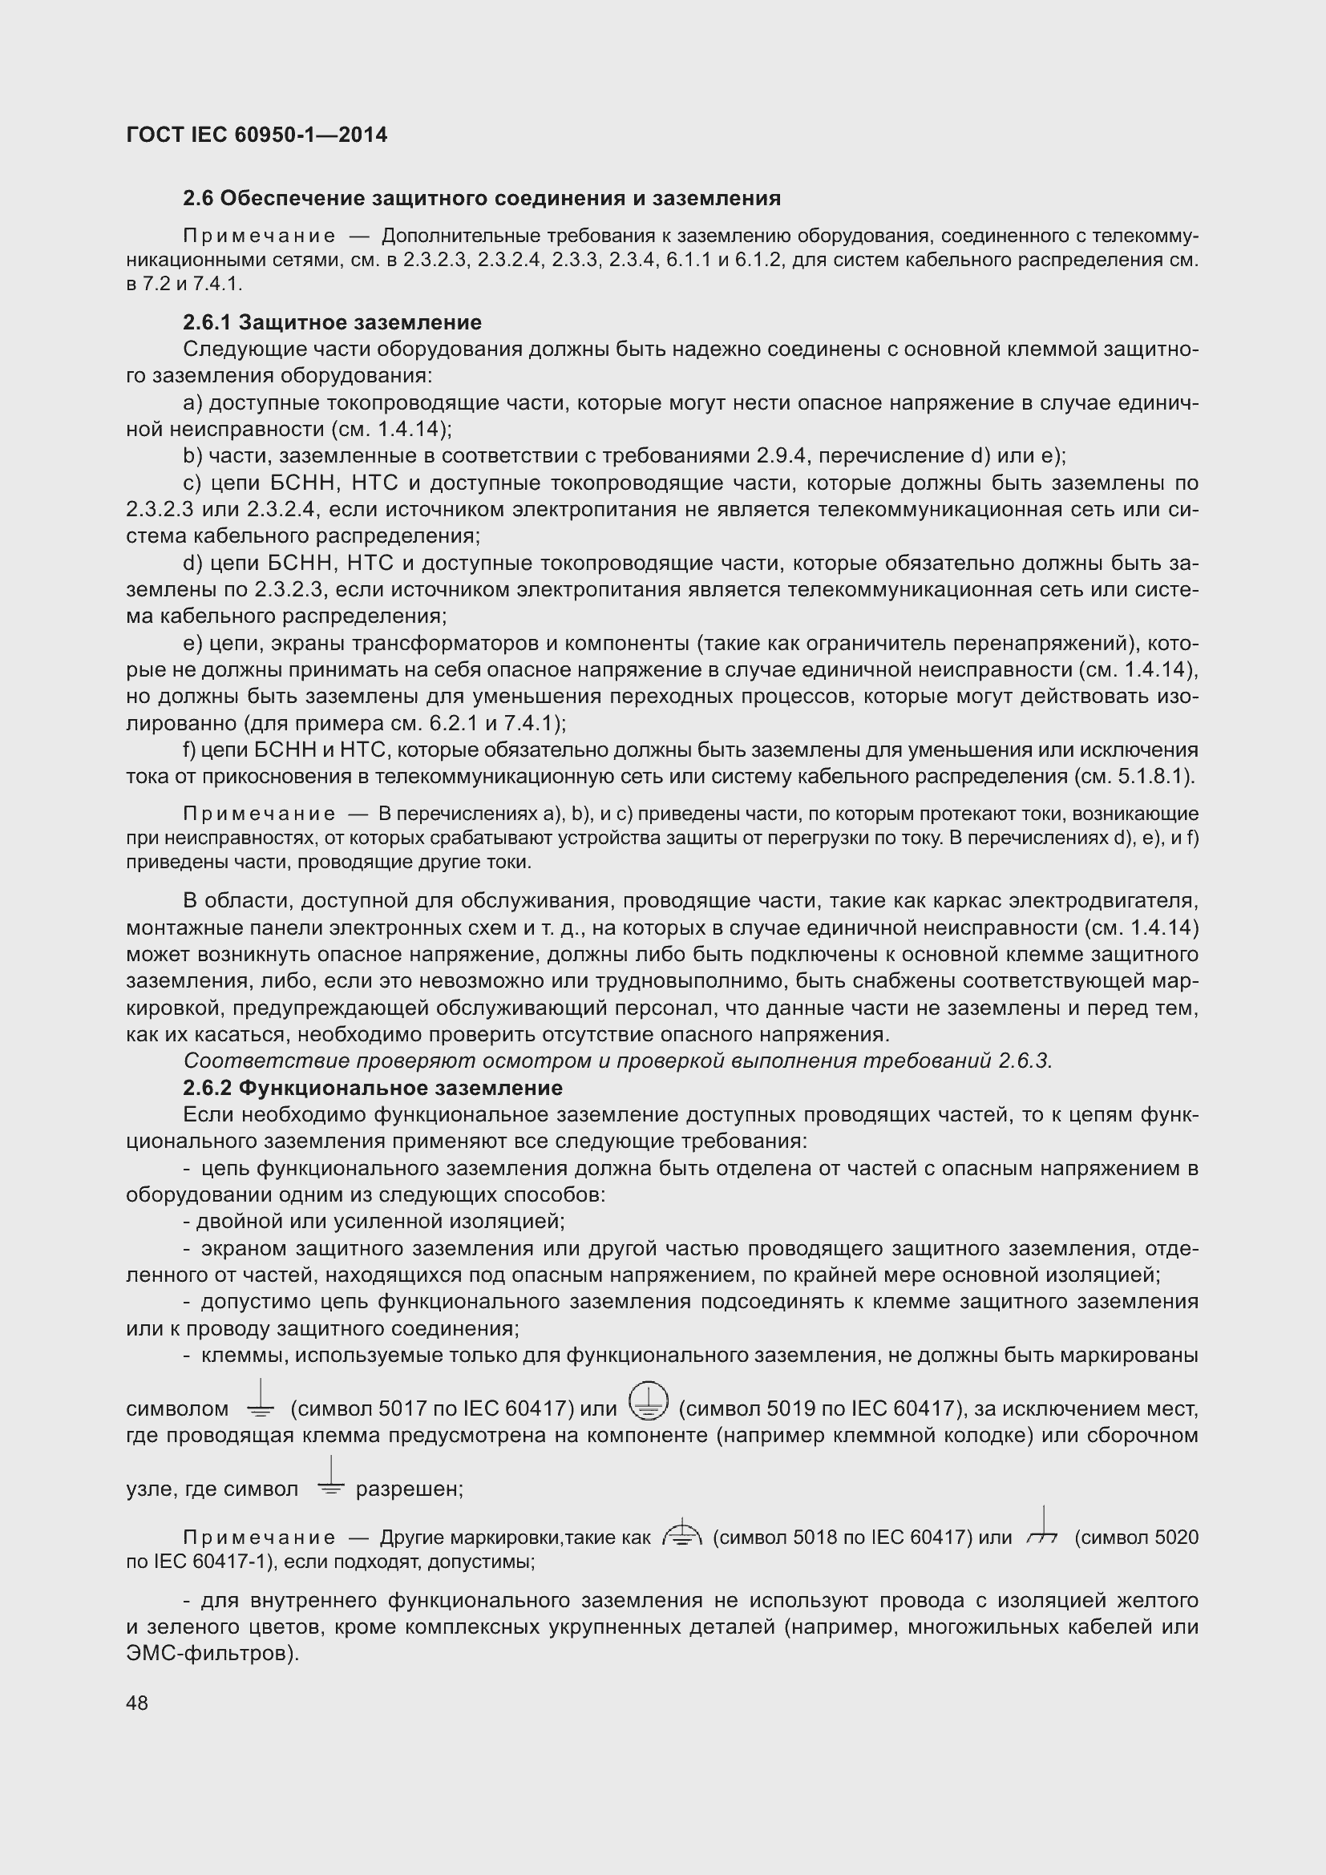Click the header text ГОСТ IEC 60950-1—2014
[x=257, y=135]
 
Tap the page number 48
[x=137, y=1703]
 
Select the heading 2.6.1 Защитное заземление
[x=333, y=321]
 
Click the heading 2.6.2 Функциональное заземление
[x=372, y=1088]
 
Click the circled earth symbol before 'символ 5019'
[x=649, y=1400]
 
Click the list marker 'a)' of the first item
[x=192, y=402]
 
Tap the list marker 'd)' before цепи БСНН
[x=192, y=563]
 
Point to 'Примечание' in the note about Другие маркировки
[x=259, y=1538]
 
